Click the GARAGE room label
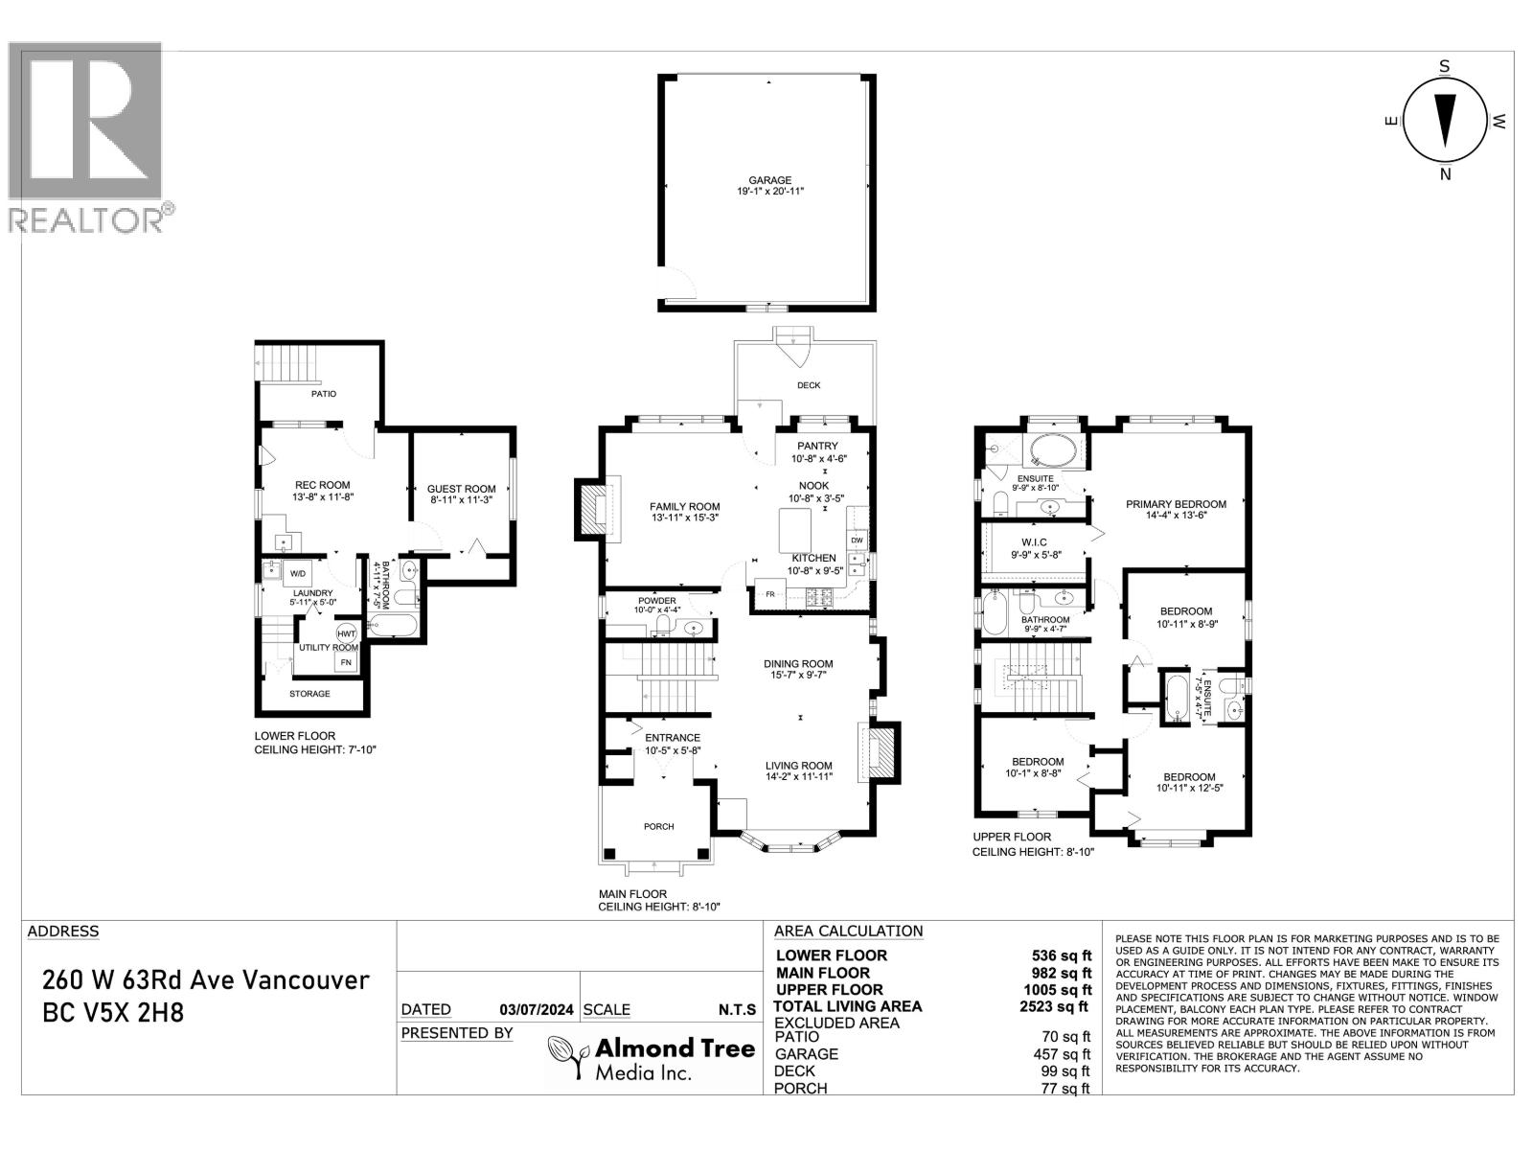coord(769,179)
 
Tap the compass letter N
coord(1446,173)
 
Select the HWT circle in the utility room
coord(346,633)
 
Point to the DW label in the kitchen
coord(858,540)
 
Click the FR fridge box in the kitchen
coord(769,593)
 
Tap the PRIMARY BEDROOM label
coord(1176,504)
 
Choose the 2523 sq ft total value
coord(1057,1006)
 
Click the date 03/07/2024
coord(537,1009)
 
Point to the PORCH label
coord(659,826)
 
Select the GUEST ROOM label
coord(462,489)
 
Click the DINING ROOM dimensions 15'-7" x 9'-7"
coord(798,675)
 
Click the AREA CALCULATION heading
coord(848,931)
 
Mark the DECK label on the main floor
coord(809,385)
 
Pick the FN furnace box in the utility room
coord(346,662)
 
